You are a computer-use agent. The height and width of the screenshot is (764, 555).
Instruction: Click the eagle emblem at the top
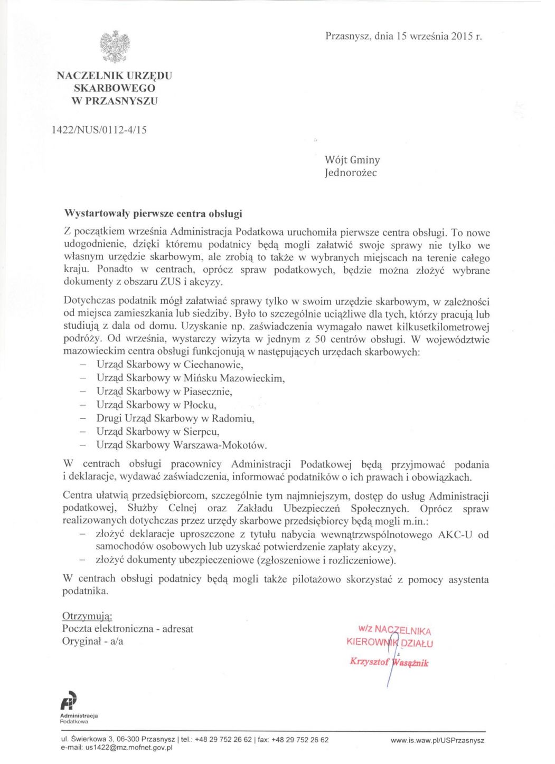coord(115,46)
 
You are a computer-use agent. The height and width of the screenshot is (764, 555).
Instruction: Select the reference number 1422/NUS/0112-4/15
coord(99,129)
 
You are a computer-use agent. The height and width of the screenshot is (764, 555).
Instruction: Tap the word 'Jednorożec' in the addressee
coord(351,173)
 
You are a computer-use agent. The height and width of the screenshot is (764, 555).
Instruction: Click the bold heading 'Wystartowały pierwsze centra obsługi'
coord(153,214)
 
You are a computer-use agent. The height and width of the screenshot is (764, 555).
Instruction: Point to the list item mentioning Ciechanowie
coord(170,365)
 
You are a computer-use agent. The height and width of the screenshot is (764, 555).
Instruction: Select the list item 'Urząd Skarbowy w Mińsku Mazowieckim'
coord(190,378)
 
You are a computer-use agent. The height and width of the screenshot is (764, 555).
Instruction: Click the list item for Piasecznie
coord(164,391)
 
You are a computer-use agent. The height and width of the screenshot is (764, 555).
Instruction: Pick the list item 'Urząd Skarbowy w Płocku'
coord(156,405)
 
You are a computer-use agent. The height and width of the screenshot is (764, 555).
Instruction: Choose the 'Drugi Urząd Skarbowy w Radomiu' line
coord(175,418)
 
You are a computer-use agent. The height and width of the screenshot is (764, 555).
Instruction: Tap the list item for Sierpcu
coord(158,432)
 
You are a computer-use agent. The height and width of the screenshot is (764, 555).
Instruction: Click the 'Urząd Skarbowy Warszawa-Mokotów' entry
coord(181,445)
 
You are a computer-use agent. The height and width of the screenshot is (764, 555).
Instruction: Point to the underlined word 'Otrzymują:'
coord(87,616)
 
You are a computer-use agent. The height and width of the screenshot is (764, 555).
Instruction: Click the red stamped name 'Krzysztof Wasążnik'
coord(389,662)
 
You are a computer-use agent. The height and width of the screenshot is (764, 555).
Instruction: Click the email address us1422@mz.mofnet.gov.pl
coord(129,748)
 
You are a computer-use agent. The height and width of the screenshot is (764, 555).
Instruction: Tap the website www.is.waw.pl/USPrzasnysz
coord(437,740)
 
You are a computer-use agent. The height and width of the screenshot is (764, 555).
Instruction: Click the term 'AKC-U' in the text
coord(455,534)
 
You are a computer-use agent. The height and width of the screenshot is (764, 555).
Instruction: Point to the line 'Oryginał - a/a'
coord(92,642)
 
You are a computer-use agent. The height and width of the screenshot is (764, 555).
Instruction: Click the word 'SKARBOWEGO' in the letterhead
coord(115,88)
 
